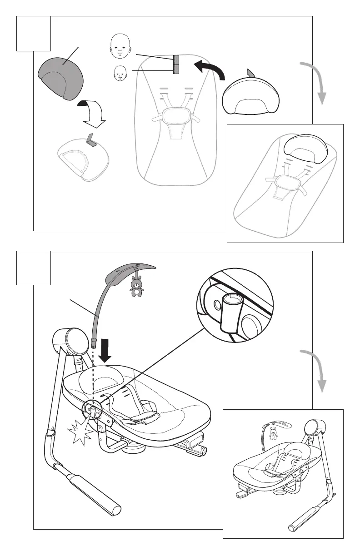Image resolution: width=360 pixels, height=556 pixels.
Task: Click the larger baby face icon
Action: pos(120,47)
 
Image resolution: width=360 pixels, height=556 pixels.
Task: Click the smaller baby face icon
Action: pos(120,73)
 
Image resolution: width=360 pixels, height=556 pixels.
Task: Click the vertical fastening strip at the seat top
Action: pos(176,64)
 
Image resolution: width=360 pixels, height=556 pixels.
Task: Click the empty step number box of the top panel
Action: pos(34,34)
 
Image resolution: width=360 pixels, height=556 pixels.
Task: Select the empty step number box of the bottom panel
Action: pos(34,268)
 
